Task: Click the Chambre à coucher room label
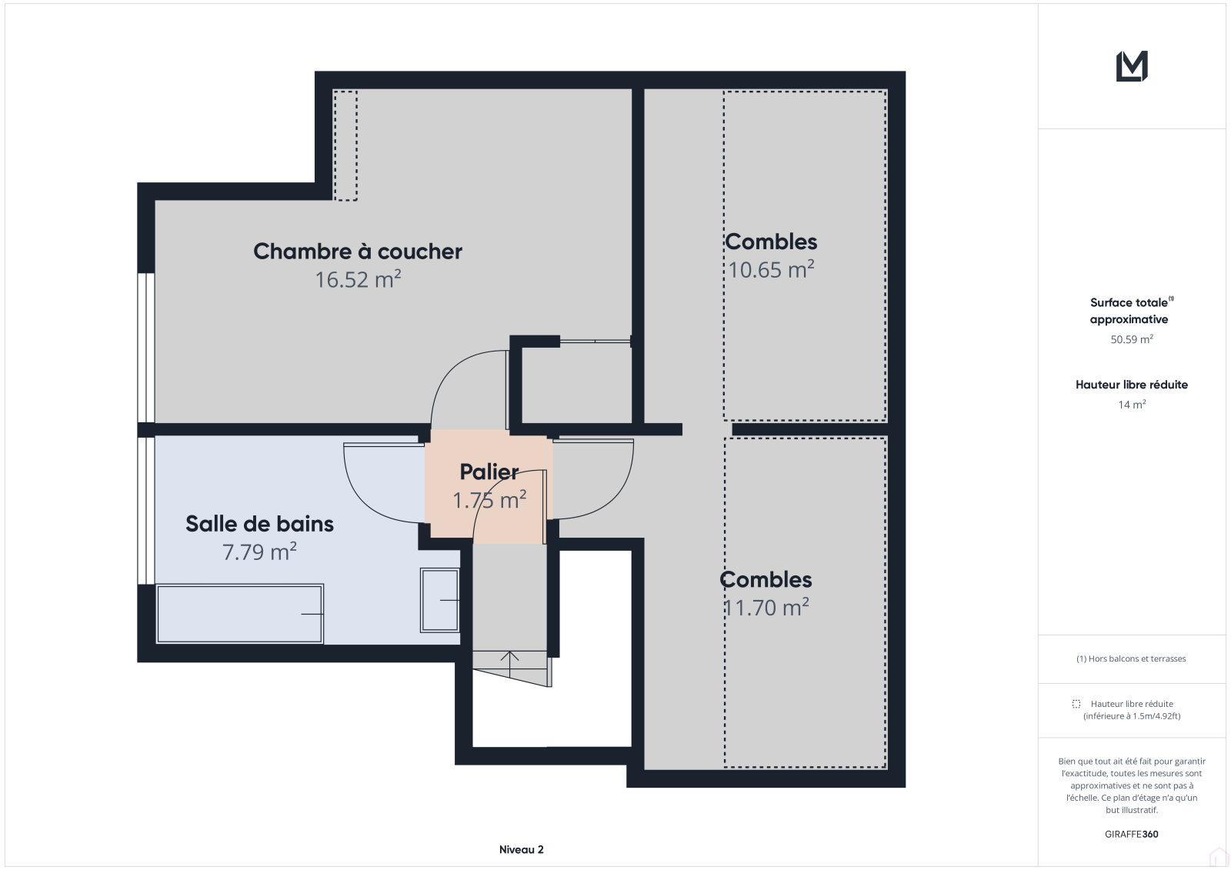(x=357, y=252)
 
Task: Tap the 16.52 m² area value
(x=357, y=279)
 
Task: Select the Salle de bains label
(x=259, y=524)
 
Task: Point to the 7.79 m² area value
(x=259, y=552)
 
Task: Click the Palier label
(x=489, y=472)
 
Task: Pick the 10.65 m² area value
(x=771, y=269)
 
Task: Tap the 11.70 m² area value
(x=766, y=607)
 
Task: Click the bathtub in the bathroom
(x=239, y=613)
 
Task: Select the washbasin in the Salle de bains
(x=439, y=600)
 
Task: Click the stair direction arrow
(x=509, y=664)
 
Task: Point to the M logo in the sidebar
(x=1132, y=66)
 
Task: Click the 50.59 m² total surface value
(x=1132, y=339)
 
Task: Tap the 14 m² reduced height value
(x=1132, y=405)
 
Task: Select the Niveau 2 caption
(x=521, y=849)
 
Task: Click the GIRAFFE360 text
(x=1132, y=834)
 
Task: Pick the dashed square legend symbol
(x=1076, y=704)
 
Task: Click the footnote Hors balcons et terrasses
(x=1131, y=658)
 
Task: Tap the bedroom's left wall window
(x=145, y=348)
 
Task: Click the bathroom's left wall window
(x=145, y=511)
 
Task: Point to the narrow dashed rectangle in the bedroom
(x=345, y=145)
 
